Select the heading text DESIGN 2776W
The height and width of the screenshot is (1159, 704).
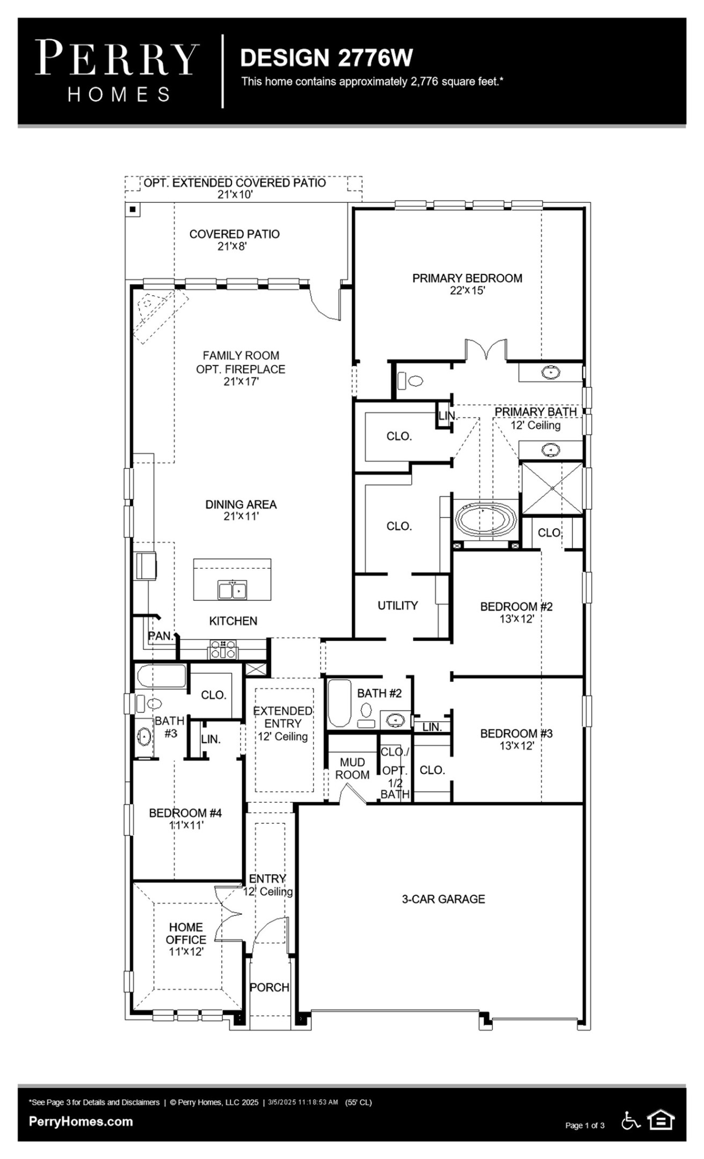coord(326,58)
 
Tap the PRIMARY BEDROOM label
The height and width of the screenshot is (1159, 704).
coord(467,278)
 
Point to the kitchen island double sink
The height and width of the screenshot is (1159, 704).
coord(232,590)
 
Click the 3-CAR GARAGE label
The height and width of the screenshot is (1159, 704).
coord(443,899)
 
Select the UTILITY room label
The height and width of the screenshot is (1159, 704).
coord(397,605)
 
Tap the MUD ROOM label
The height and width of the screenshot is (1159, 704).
coord(352,768)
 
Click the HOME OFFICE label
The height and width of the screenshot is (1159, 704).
coord(186,933)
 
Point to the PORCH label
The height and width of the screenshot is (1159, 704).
coord(270,987)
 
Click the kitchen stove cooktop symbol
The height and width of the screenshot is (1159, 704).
coord(222,649)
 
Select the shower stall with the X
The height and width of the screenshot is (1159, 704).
coord(553,488)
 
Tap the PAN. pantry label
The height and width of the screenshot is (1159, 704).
coord(161,636)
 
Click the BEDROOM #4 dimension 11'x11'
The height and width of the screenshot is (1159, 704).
coord(186,825)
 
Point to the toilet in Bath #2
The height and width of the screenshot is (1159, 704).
coord(366,710)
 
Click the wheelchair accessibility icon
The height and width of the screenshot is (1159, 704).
coord(630,1120)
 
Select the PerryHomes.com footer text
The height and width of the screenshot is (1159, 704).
coord(81,1121)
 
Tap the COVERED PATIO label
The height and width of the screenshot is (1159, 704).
coord(234,234)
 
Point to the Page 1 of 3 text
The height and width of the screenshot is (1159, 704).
coord(584,1125)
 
